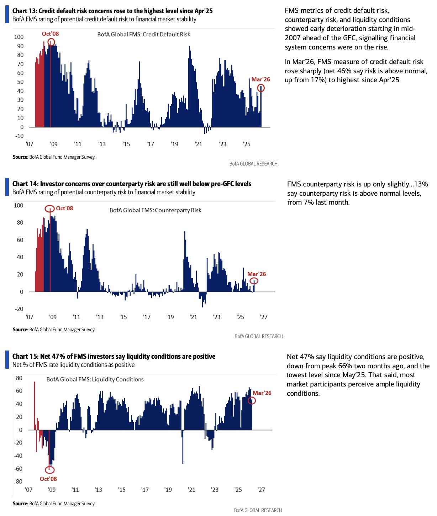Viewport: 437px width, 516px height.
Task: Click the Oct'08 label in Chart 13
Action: (50, 34)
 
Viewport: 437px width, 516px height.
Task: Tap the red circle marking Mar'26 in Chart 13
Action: (261, 88)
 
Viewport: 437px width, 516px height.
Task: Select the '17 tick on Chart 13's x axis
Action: (150, 144)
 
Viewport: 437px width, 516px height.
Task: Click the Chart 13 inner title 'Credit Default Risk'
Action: (144, 35)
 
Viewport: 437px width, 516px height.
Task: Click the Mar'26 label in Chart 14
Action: (257, 274)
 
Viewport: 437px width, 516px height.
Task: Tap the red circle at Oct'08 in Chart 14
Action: (50, 209)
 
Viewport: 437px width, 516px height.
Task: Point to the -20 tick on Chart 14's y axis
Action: (19, 309)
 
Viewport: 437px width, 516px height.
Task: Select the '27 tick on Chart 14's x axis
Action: (264, 317)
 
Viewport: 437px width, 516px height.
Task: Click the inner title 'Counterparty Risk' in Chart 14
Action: (155, 210)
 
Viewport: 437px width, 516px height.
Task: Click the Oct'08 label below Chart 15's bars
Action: (48, 479)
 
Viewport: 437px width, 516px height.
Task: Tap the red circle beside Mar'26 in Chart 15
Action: (252, 401)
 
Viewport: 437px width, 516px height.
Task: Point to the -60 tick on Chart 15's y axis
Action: (18, 469)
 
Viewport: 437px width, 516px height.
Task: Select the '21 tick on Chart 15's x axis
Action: (191, 490)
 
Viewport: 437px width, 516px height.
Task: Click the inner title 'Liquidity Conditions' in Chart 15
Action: (95, 379)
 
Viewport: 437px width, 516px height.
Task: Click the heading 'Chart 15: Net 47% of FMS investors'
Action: (114, 356)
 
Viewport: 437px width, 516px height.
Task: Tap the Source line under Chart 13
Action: (54, 157)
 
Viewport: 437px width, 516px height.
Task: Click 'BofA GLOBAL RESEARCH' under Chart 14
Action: (258, 336)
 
